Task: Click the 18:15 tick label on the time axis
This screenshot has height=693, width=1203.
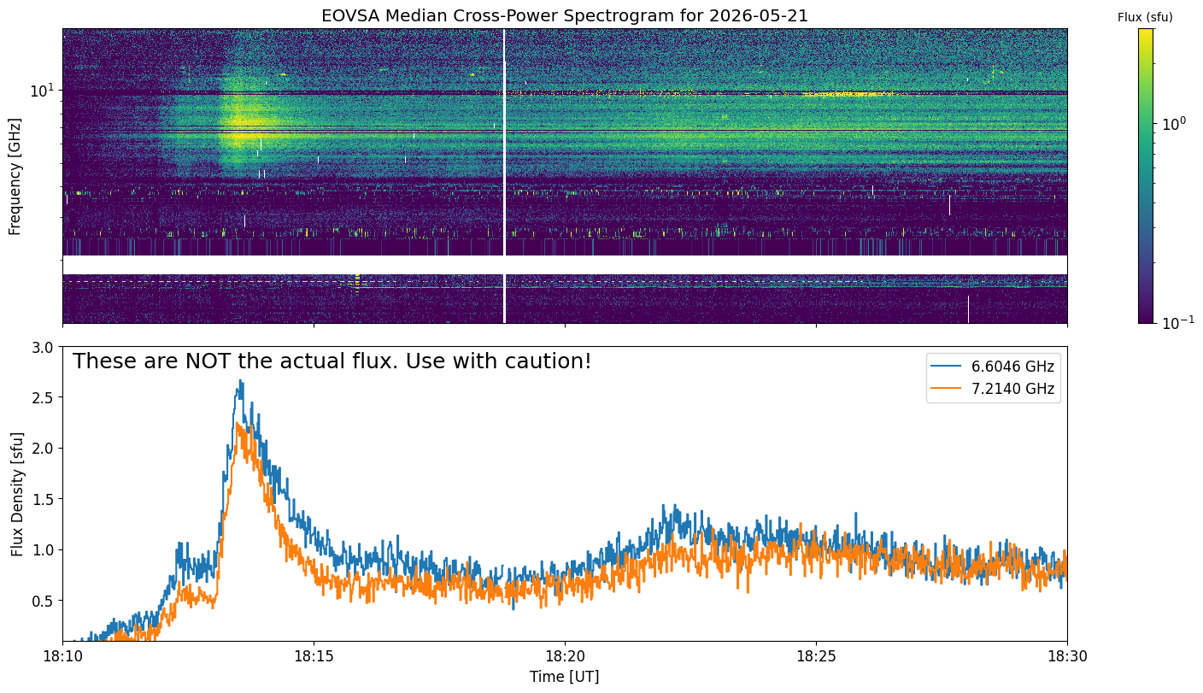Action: [314, 656]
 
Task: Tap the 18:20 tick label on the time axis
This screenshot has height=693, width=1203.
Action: [565, 656]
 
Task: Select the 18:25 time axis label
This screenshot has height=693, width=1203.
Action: [816, 656]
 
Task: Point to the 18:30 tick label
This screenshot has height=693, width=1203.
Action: [1067, 656]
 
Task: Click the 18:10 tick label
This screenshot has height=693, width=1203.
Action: [63, 656]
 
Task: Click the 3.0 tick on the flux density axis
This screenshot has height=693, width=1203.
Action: [43, 348]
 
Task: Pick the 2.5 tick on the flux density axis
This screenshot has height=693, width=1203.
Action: [43, 398]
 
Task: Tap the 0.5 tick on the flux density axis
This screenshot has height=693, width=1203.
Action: [43, 601]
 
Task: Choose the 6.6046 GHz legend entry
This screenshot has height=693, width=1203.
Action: [993, 367]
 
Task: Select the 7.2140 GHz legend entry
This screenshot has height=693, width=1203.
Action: [993, 389]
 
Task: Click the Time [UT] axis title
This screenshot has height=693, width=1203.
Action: [565, 677]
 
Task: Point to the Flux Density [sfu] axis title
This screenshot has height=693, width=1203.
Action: [17, 494]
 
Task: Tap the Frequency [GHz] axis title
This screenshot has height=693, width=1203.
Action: [15, 177]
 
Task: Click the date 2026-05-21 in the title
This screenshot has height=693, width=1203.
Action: [759, 16]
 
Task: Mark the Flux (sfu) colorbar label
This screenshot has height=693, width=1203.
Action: [1145, 17]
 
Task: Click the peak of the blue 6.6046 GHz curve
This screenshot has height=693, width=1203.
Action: [241, 380]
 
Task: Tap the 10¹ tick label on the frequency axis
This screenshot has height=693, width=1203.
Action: [42, 91]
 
